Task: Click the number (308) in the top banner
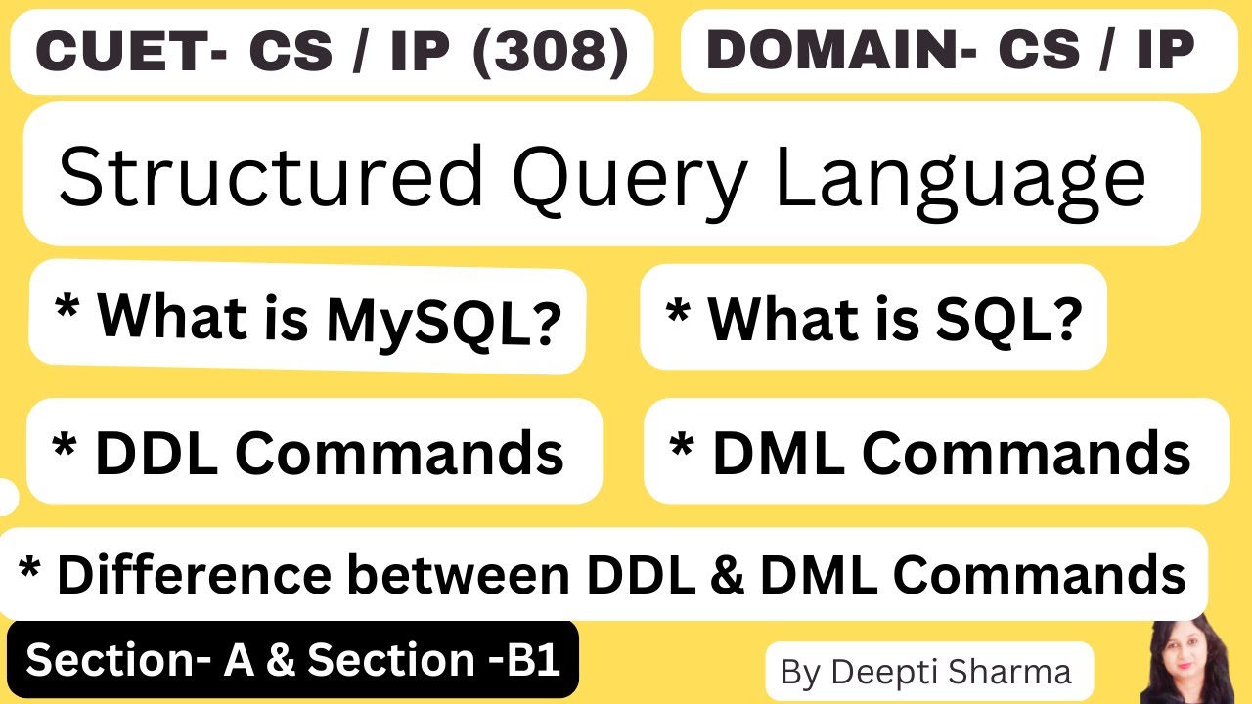[x=551, y=53]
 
